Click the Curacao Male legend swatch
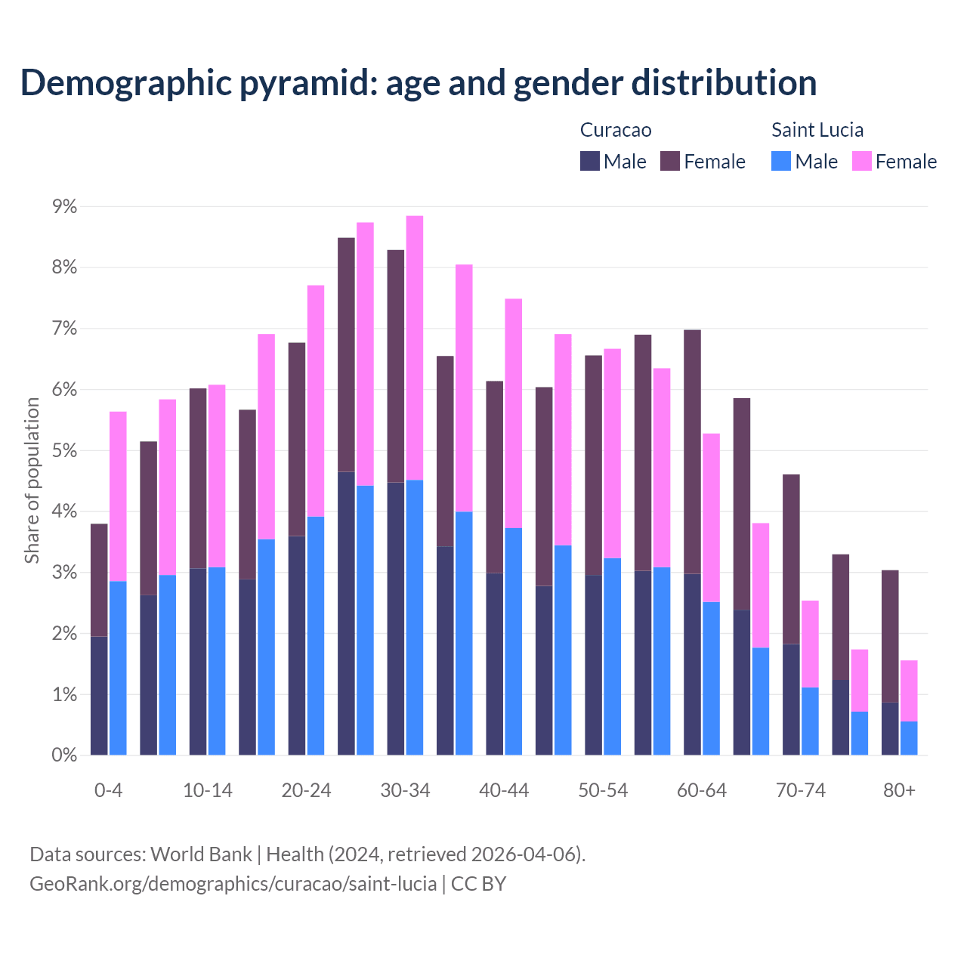590,161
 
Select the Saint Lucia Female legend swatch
862,161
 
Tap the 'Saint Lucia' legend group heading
817,130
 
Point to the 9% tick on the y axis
64,207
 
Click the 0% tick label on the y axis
64,755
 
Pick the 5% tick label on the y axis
64,451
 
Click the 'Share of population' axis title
32,480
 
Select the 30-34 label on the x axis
405,791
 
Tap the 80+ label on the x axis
899,791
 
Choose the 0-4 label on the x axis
108,791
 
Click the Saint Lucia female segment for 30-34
415,348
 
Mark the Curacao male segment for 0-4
99,696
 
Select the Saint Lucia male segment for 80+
909,738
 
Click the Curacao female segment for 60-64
692,452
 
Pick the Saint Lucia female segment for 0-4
118,496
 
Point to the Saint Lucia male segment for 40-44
514,641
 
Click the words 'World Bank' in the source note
201,854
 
